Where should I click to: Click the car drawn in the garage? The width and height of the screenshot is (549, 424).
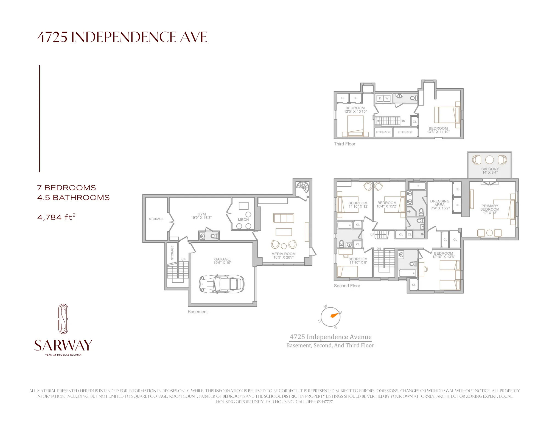click(x=222, y=284)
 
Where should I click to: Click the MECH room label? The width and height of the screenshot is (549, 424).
click(x=243, y=220)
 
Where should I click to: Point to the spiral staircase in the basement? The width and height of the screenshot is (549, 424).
click(x=302, y=188)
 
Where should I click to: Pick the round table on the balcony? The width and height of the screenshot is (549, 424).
click(x=489, y=160)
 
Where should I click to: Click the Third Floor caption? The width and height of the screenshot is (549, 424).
click(x=344, y=144)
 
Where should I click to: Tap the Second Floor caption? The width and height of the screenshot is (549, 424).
click(x=347, y=286)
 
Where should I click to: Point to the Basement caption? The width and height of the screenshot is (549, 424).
click(x=198, y=312)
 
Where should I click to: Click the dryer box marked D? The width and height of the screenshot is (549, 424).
click(x=380, y=98)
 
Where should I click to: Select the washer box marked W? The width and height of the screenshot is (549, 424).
click(x=387, y=98)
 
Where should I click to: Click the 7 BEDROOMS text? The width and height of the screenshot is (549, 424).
click(x=66, y=188)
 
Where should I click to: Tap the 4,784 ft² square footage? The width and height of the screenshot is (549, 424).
click(x=56, y=217)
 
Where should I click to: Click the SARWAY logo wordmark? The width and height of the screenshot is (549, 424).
click(x=63, y=346)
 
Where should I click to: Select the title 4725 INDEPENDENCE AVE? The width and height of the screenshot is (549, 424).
click(x=122, y=37)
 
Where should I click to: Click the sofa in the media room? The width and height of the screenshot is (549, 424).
click(x=284, y=218)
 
